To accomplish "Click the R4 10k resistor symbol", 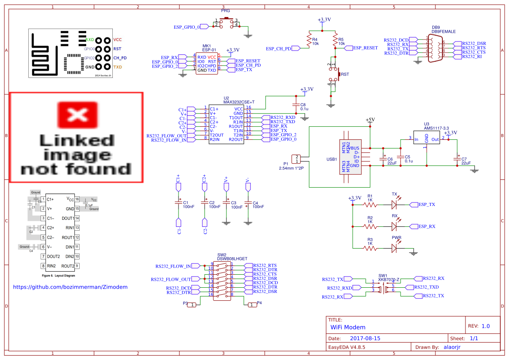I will (309, 40).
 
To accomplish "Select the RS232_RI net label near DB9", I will (472, 57).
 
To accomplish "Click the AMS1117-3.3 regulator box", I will (426, 139).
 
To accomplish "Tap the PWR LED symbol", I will (394, 248).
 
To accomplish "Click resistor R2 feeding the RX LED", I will (370, 226).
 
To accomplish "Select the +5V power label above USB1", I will (370, 119).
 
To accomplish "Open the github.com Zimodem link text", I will (70, 287).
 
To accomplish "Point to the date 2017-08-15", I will (365, 338).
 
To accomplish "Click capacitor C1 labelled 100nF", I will (178, 203).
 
